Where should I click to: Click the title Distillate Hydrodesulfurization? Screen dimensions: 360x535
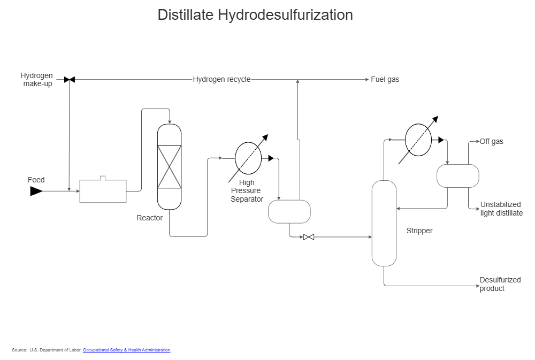(x=255, y=15)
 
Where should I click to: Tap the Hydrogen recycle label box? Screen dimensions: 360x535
(x=221, y=80)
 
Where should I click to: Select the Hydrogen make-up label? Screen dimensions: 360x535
(x=37, y=80)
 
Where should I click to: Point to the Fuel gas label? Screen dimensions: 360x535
(x=385, y=80)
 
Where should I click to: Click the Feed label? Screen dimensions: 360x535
(x=36, y=180)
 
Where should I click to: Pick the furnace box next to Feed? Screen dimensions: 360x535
(x=103, y=192)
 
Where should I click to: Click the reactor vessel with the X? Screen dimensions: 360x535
(x=169, y=166)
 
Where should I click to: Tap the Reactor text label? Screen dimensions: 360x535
(x=149, y=218)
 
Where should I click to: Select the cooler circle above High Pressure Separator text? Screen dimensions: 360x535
(x=248, y=158)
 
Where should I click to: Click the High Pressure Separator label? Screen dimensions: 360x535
(x=247, y=191)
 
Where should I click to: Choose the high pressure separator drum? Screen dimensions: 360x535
(x=289, y=211)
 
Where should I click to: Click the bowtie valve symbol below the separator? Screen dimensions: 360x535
(x=309, y=237)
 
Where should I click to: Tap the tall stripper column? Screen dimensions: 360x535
(x=384, y=223)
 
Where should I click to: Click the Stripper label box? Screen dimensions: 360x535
(x=419, y=231)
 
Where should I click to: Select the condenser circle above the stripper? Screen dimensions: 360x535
(x=418, y=140)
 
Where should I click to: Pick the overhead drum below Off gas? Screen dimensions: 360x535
(x=457, y=175)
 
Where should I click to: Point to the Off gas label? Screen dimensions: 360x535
(x=491, y=142)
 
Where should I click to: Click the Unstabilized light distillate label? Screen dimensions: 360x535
(x=501, y=209)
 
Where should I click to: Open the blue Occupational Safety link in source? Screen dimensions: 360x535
(x=127, y=350)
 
